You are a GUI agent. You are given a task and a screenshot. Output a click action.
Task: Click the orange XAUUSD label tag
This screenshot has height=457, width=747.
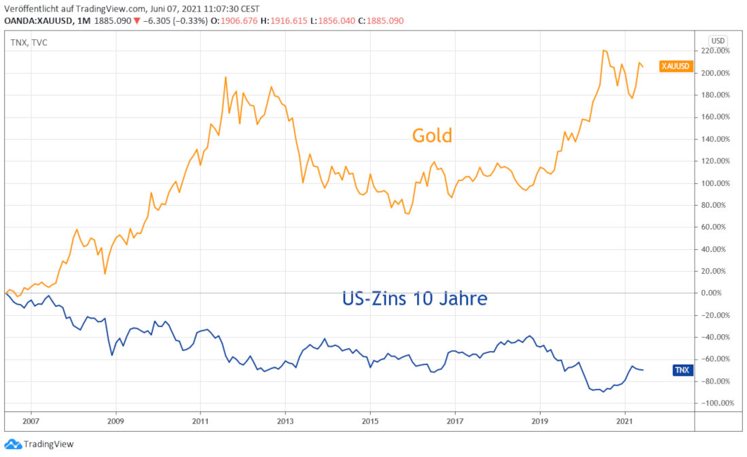676,66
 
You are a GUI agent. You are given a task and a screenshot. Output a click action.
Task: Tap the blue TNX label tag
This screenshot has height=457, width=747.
682,370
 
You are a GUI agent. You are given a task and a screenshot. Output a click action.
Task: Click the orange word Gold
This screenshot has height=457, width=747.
432,136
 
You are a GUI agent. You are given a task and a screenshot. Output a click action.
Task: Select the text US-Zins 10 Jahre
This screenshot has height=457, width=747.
414,298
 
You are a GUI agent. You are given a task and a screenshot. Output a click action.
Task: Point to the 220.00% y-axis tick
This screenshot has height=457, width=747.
719,51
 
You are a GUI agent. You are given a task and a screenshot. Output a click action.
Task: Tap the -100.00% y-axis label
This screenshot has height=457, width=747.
718,403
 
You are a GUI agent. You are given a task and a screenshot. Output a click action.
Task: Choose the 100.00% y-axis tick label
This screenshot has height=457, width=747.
719,183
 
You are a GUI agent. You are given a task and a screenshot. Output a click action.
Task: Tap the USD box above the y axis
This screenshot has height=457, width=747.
717,39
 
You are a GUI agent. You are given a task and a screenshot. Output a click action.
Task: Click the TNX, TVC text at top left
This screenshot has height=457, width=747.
29,43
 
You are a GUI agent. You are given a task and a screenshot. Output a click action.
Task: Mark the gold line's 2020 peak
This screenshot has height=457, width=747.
604,50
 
